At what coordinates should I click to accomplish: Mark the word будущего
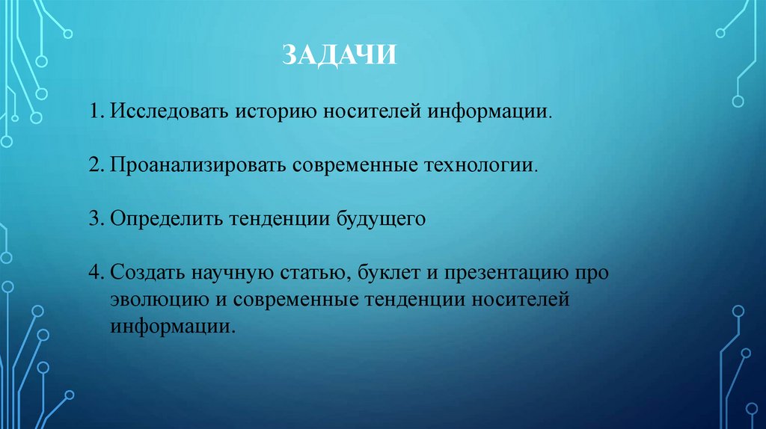click(x=382, y=219)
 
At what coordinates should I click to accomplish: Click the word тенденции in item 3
click(x=278, y=219)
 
